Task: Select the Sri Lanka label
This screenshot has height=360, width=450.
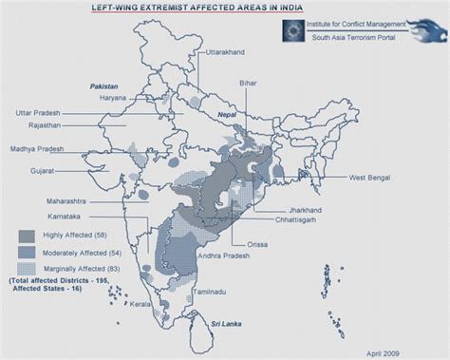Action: pyautogui.click(x=226, y=324)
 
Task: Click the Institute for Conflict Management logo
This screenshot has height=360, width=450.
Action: pyautogui.click(x=295, y=29)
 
